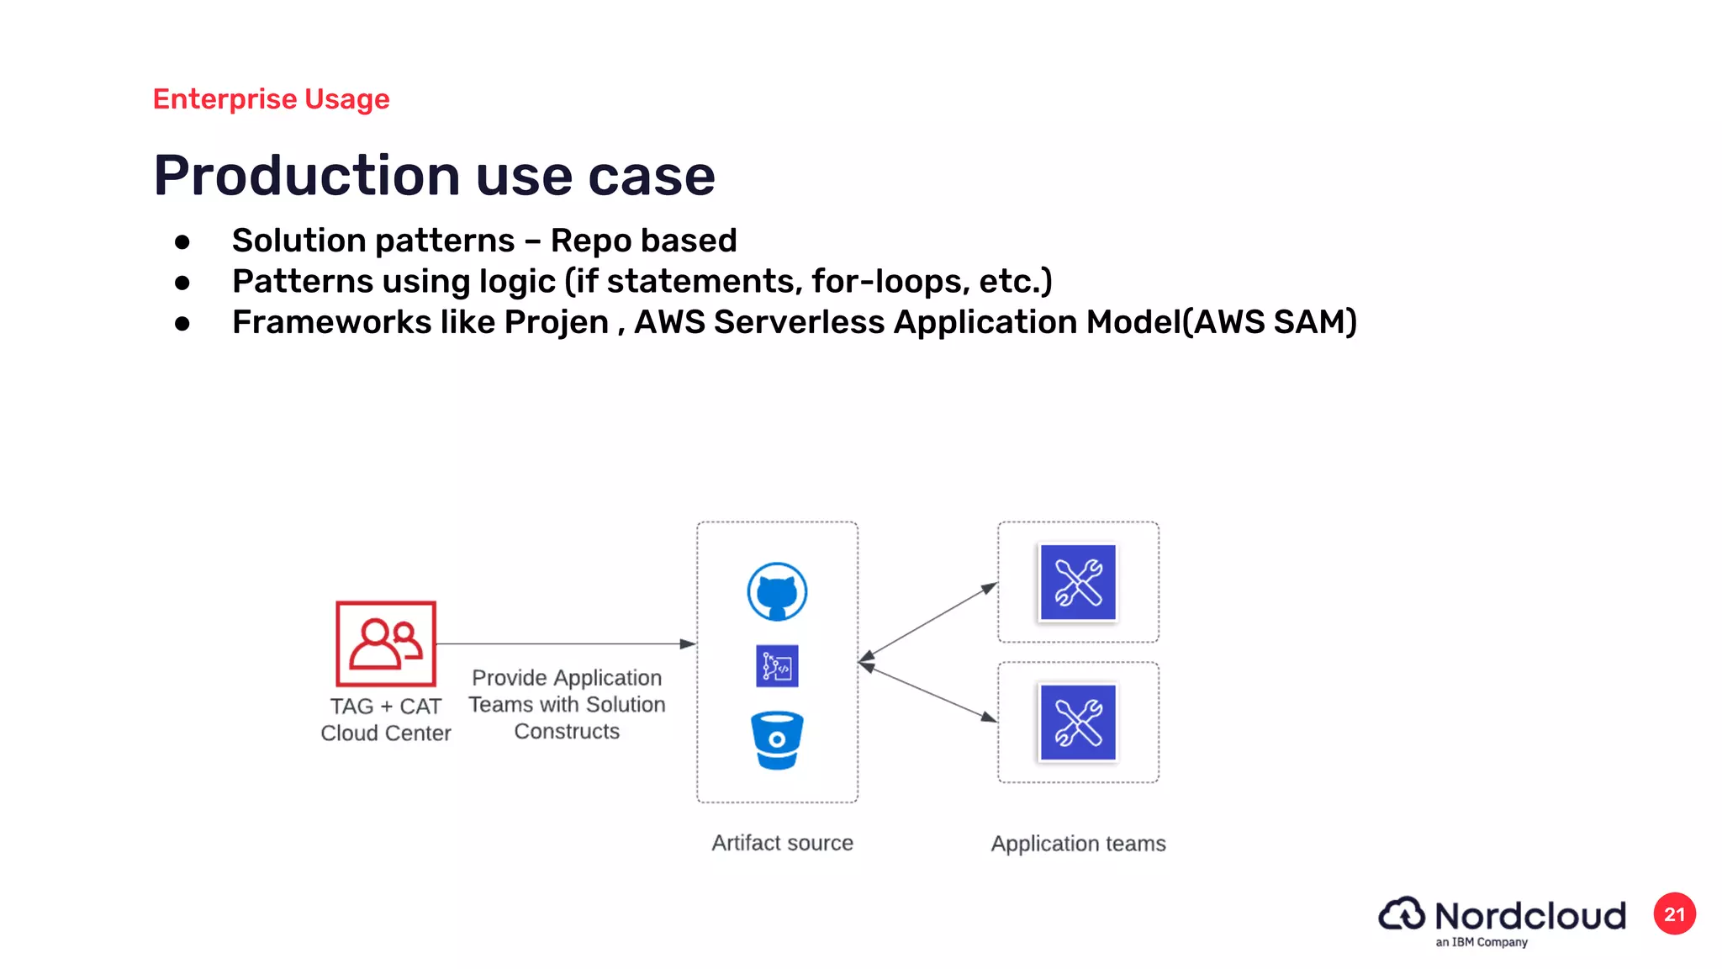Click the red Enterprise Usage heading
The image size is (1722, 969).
pos(271,99)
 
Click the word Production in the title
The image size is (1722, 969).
pos(307,176)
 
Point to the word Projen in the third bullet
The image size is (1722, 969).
pos(556,322)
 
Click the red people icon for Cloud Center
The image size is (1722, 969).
pos(386,643)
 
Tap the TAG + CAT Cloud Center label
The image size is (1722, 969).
pos(386,719)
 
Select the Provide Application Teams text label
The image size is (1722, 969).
pos(567,704)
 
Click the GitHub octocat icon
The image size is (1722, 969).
pos(777,591)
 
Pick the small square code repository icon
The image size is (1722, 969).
pos(777,666)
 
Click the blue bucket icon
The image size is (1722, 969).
pos(777,740)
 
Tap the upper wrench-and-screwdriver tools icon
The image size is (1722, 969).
pos(1078,582)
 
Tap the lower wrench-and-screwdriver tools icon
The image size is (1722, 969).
pos(1078,723)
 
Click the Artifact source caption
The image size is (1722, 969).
pos(782,843)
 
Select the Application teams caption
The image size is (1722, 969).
pos(1078,844)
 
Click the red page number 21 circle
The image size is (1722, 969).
pos(1674,914)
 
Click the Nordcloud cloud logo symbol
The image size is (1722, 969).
pos(1402,914)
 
